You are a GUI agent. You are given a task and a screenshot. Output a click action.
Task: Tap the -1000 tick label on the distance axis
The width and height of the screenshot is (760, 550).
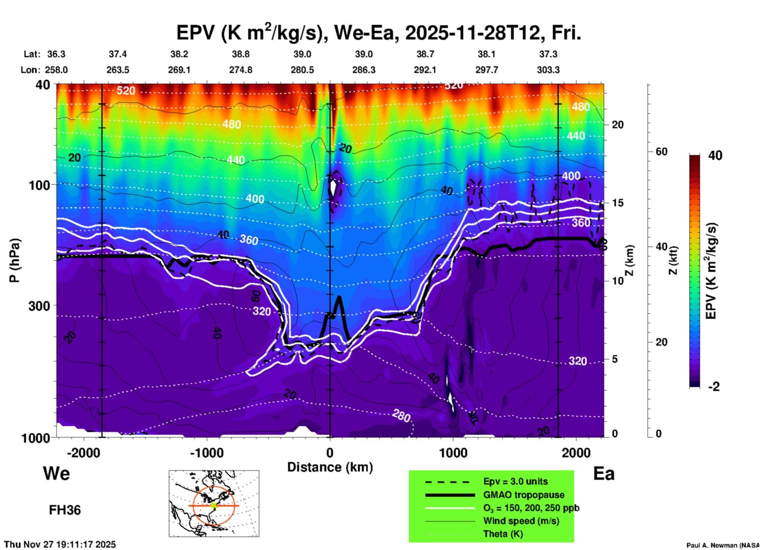[x=206, y=453]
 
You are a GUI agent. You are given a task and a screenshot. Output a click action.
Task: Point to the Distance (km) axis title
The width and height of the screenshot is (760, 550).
[x=330, y=467]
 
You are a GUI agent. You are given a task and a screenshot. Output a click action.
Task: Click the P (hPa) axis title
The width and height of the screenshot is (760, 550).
[x=15, y=260]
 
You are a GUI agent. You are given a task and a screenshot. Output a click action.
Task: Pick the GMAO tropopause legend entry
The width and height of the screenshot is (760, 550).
[x=524, y=495]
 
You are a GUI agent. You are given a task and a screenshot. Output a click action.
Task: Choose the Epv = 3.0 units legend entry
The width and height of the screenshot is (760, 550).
[x=515, y=481]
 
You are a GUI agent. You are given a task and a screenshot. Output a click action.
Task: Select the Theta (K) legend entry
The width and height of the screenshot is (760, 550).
[x=503, y=534]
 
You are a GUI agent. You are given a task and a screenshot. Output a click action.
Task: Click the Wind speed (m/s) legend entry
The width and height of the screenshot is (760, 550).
[x=521, y=521]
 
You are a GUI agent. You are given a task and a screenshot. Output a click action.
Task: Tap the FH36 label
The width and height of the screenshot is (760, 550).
[x=65, y=510]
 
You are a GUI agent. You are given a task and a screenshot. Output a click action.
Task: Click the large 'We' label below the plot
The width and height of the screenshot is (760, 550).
[x=56, y=473]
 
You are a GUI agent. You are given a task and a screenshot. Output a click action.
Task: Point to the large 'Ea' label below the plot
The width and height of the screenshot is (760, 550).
[x=604, y=473]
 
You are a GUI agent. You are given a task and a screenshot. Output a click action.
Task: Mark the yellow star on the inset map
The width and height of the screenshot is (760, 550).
[x=214, y=505]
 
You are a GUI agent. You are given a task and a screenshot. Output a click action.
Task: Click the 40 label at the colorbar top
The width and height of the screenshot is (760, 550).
[x=715, y=155]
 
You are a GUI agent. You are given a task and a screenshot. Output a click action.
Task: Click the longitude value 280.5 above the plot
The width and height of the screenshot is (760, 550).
[x=302, y=70]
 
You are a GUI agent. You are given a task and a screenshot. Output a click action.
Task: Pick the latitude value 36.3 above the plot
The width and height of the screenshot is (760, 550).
[x=56, y=54]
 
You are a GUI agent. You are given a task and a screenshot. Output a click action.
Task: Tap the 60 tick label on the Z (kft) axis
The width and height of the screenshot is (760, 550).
[x=661, y=152]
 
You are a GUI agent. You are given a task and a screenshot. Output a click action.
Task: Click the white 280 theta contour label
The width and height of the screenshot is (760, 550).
[x=401, y=415]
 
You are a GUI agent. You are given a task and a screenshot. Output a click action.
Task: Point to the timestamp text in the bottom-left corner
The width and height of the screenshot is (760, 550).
[x=60, y=544]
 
